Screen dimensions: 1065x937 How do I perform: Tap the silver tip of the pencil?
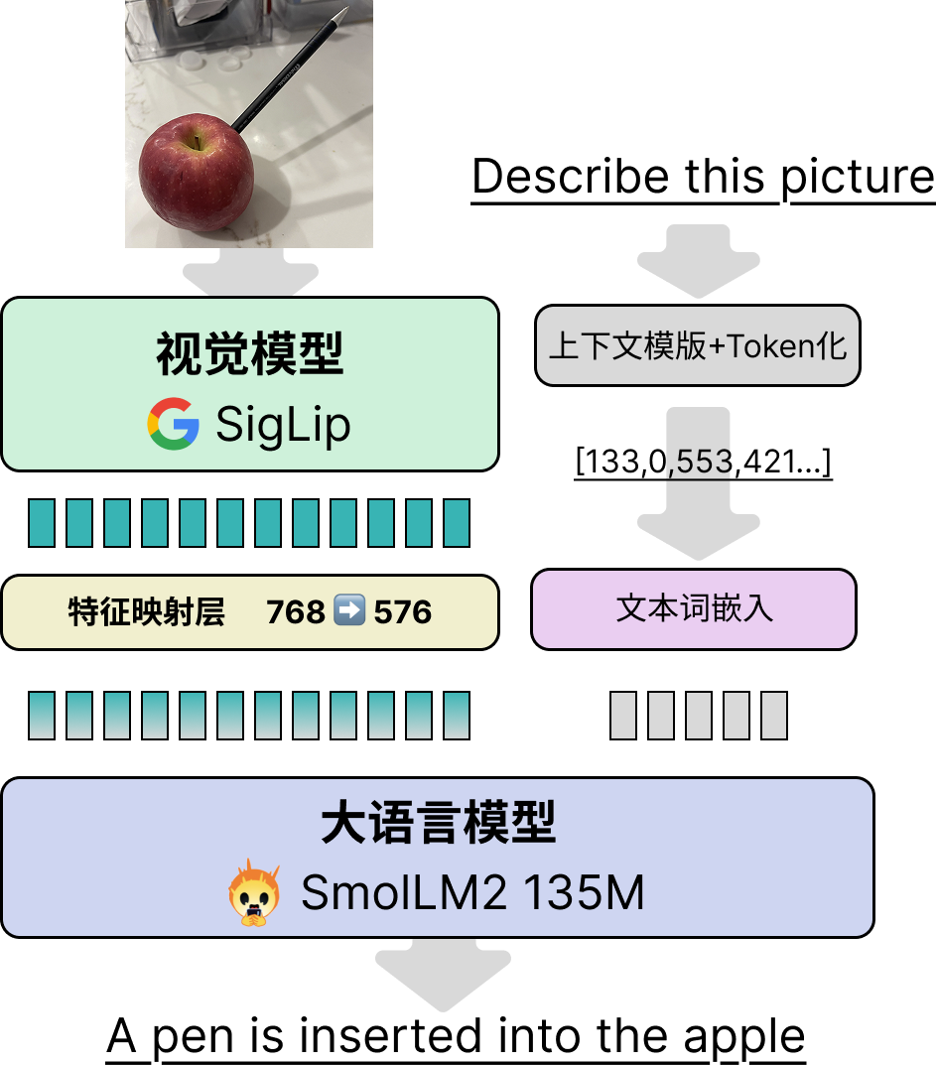click(342, 14)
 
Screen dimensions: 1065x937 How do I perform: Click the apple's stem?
click(198, 142)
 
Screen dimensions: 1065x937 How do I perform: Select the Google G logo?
click(174, 424)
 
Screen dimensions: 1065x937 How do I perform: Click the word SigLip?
click(283, 425)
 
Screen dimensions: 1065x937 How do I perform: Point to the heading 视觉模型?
click(249, 354)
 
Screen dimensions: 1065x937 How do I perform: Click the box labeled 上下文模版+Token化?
click(697, 345)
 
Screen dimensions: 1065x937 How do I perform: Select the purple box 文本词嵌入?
click(693, 608)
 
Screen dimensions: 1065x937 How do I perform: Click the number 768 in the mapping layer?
click(296, 612)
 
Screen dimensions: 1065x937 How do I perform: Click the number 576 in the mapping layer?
click(402, 612)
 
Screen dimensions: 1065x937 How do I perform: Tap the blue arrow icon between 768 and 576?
click(349, 611)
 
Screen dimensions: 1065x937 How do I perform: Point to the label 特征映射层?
click(147, 612)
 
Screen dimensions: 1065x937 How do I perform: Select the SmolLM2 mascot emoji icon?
click(254, 893)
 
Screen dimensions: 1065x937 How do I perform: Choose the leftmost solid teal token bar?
click(42, 523)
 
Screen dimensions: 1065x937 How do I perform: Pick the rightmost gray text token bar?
click(774, 716)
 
